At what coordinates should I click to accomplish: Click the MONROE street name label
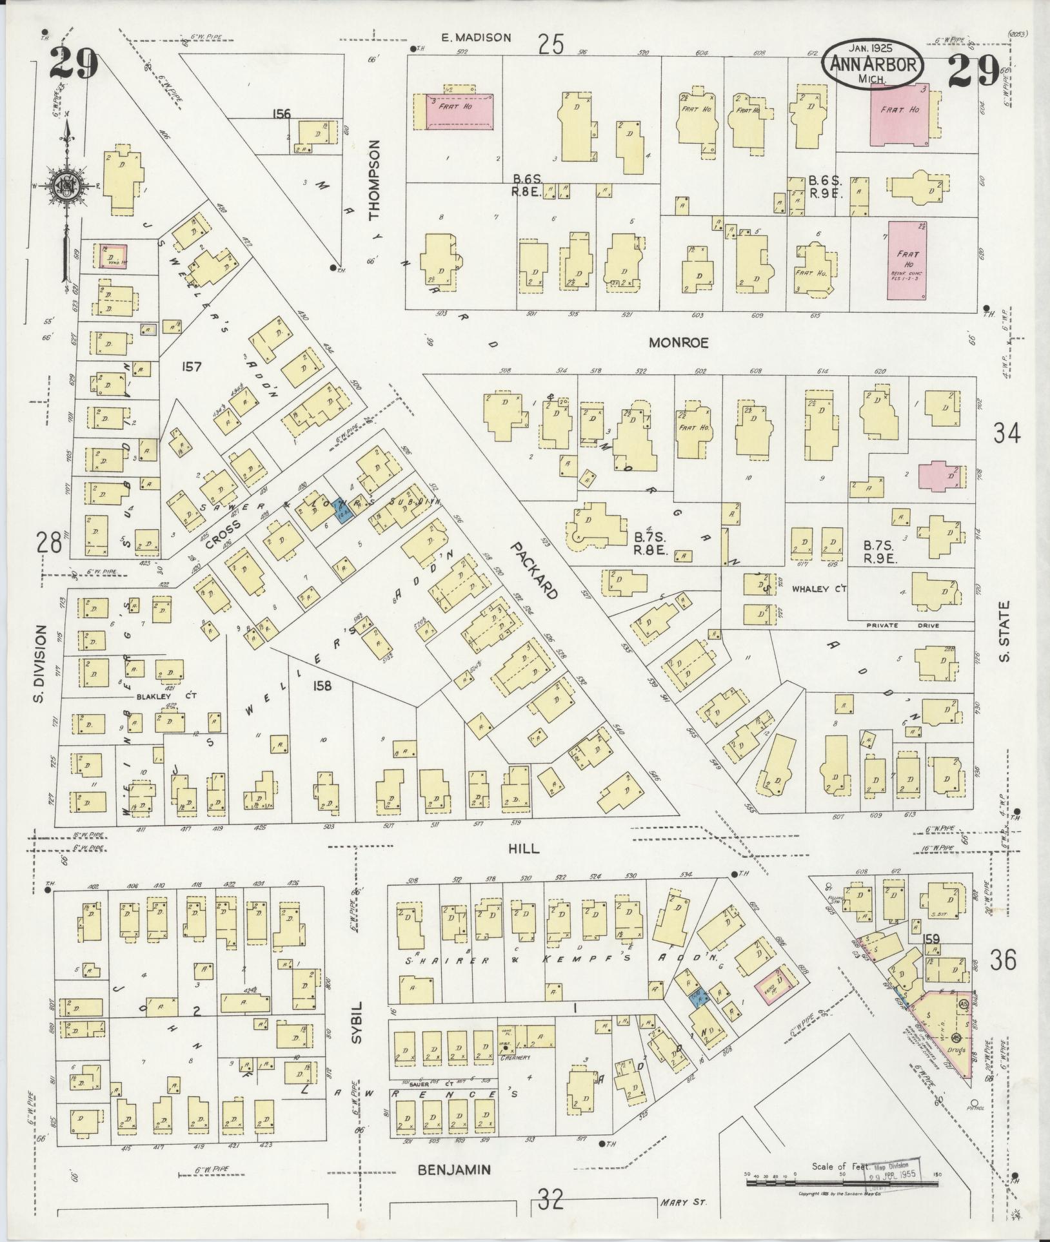click(678, 343)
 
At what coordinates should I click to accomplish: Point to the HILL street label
click(527, 850)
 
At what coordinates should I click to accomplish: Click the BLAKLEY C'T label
click(155, 696)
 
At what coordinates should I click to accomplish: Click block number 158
click(322, 686)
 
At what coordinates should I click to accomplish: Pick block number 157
click(192, 367)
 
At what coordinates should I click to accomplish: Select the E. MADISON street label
click(476, 38)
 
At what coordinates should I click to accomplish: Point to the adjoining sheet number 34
click(1007, 435)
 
